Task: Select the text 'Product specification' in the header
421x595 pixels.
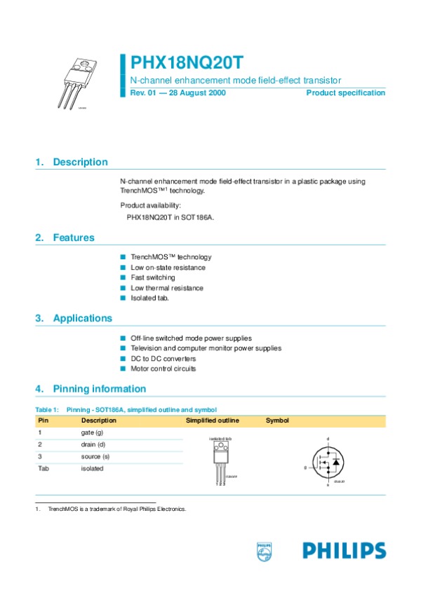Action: [x=346, y=93]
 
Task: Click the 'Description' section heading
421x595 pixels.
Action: [x=80, y=162]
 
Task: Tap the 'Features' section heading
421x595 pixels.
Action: [x=74, y=238]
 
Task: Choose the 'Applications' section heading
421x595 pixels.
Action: [x=82, y=318]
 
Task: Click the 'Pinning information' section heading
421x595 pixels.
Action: [x=100, y=389]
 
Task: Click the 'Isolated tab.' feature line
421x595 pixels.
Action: [x=150, y=298]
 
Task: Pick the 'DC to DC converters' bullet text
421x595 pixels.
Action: [x=163, y=358]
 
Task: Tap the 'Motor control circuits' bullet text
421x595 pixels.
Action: [x=163, y=369]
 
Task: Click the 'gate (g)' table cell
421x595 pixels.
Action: [x=93, y=433]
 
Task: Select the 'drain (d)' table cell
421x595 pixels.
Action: [x=93, y=445]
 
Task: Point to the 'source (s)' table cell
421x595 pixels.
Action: [x=95, y=457]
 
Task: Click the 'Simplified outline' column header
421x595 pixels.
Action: [x=212, y=420]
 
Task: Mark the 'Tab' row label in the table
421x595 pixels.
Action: [x=44, y=469]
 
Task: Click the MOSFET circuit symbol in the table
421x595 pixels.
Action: [x=327, y=462]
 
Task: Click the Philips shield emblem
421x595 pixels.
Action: [x=264, y=551]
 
